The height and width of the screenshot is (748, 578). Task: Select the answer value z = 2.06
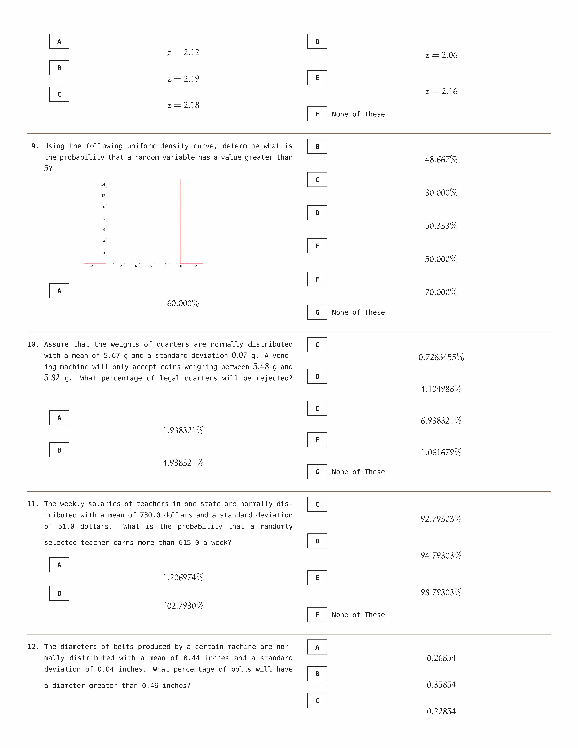pos(441,55)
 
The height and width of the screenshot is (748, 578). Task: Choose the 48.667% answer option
pos(441,160)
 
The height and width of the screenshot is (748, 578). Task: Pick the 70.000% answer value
pos(441,292)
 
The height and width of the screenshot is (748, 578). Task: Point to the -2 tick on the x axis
pos(91,266)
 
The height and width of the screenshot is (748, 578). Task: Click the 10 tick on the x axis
pos(180,266)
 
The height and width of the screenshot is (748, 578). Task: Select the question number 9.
pos(35,146)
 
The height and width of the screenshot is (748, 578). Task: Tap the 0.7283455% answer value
pos(441,357)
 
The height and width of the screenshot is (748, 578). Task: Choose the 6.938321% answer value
pos(441,421)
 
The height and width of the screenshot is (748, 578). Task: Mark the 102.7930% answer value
pos(183,606)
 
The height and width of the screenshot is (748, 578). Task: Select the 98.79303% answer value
pos(441,593)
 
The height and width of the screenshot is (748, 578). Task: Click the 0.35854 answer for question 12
pos(441,685)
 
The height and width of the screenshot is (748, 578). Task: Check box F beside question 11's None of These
pos(317,615)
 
